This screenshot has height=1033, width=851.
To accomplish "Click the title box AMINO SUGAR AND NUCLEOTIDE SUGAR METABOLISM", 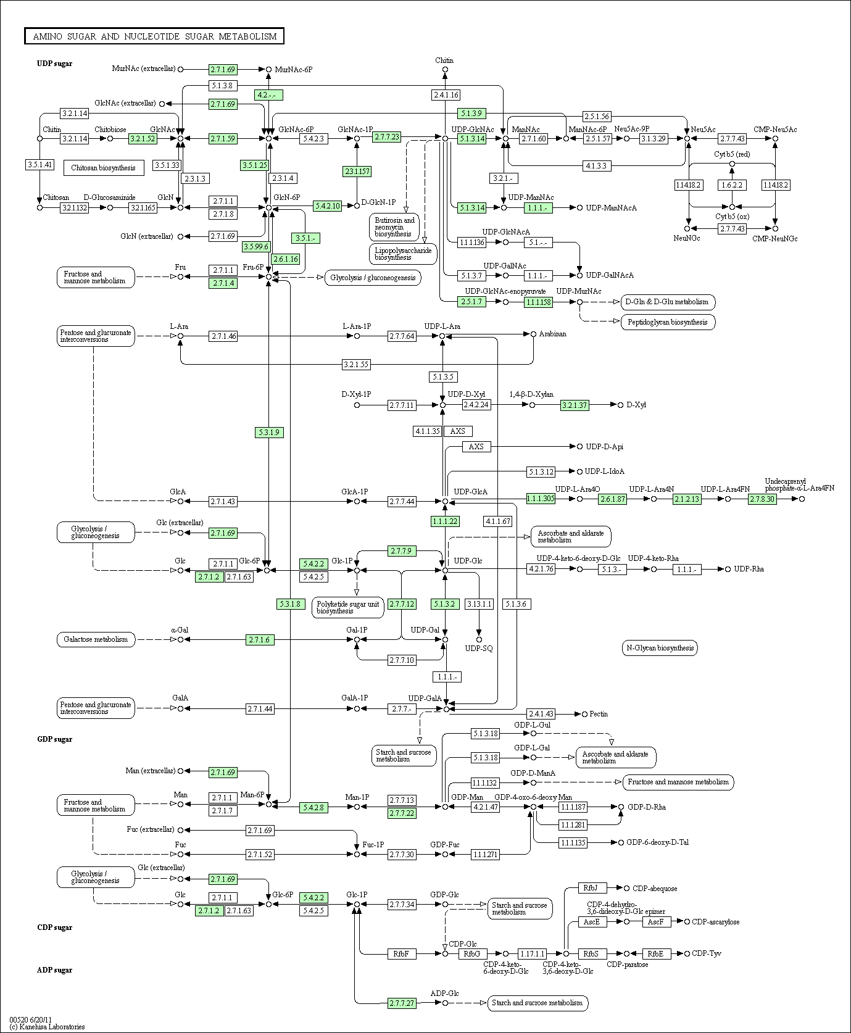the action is coord(154,36).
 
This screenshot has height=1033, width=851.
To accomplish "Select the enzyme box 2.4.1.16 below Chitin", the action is coord(446,95).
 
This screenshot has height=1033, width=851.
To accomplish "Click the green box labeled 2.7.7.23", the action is coord(387,137).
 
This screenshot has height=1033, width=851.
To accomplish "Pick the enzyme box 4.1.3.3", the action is coord(596,165).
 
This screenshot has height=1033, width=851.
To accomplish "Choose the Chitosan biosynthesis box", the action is coord(104,168).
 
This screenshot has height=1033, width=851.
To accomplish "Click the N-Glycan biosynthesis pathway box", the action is coord(660,648).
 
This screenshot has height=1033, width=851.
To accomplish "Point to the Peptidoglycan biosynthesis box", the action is coord(668,322).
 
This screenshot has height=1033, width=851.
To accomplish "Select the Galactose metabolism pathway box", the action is coord(96,639).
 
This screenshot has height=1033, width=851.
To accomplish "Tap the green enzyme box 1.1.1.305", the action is coord(541,499).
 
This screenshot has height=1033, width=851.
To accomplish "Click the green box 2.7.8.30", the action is coord(762,499).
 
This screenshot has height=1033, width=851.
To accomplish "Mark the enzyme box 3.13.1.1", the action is coord(479,604).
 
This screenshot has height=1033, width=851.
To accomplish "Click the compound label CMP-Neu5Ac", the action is coord(775,130).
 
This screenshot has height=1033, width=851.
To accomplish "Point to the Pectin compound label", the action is coord(599,714).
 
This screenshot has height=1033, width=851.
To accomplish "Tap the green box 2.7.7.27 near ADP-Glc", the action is coord(402,1003).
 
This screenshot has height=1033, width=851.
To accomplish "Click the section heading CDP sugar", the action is coord(55,927).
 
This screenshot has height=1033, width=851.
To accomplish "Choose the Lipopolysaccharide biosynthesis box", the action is coord(403,254).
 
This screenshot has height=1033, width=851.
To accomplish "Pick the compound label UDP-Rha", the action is coord(749,569).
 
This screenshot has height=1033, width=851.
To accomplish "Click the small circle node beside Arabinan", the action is coord(533,334).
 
